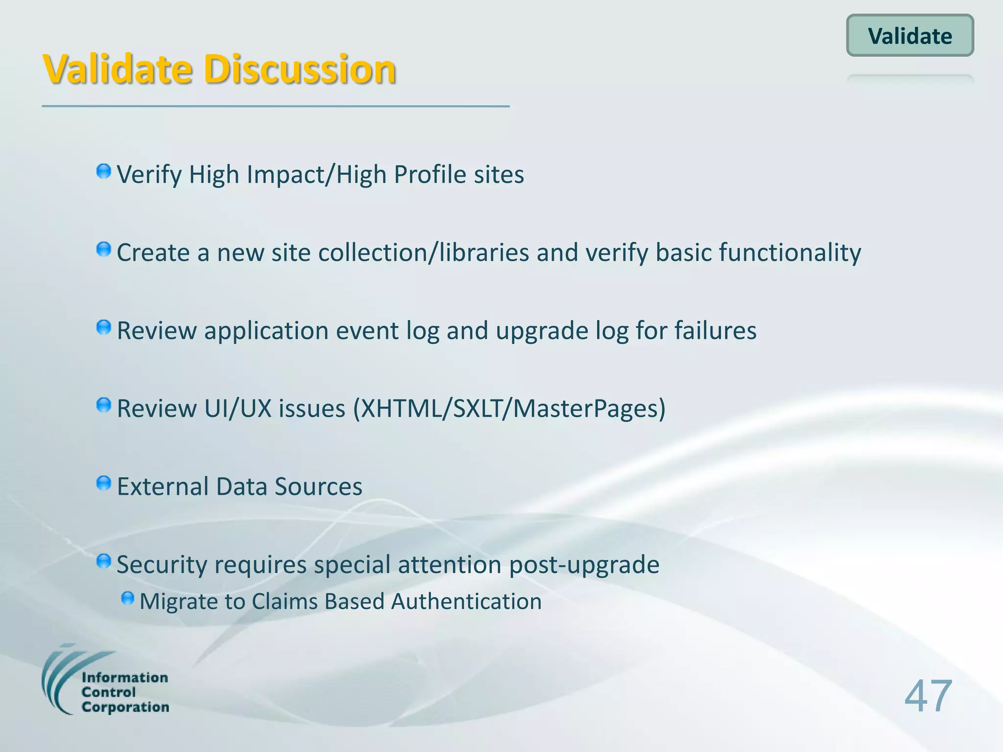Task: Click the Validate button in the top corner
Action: click(910, 36)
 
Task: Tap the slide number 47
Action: click(928, 696)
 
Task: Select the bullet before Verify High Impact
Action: click(104, 172)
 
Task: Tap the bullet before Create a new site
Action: click(104, 250)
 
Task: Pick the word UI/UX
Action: click(238, 408)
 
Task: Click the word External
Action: click(163, 487)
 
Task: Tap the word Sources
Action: click(318, 487)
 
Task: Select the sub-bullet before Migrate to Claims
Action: click(128, 598)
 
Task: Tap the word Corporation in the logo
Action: click(125, 707)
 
